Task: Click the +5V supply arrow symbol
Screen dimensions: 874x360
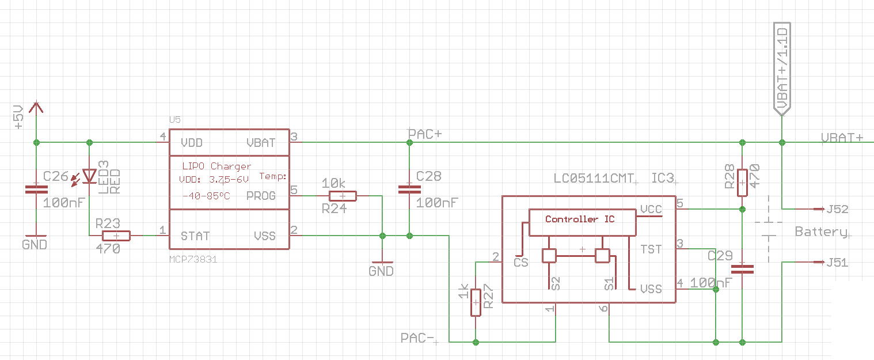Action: [36, 108]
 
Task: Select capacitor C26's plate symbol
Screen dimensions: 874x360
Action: [36, 190]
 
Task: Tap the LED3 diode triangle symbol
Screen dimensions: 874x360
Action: [89, 176]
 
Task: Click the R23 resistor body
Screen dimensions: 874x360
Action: [116, 236]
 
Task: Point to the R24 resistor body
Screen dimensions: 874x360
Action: [343, 196]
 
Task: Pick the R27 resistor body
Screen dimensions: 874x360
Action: [476, 302]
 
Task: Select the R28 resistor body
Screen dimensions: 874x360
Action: [742, 183]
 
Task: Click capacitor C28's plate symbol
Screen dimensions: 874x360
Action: [410, 190]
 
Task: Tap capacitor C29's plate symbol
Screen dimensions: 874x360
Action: [742, 269]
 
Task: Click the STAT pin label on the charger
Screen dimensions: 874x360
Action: [195, 236]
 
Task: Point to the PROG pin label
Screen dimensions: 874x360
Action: [261, 196]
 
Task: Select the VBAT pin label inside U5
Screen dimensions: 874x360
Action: [261, 143]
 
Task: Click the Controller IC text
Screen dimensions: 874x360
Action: [580, 219]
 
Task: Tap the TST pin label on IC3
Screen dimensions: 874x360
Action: [651, 249]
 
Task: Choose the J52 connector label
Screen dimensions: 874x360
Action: [837, 209]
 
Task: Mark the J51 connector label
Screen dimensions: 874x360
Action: [837, 263]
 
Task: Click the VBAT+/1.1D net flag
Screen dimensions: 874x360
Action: [782, 69]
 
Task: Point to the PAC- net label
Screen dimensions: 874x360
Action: [417, 338]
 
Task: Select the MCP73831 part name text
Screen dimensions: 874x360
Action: [193, 259]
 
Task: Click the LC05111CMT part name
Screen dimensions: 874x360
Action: [594, 179]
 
